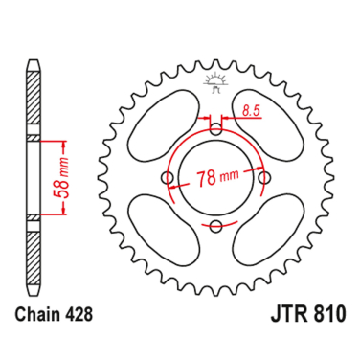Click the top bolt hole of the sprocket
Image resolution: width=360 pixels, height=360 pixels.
215,128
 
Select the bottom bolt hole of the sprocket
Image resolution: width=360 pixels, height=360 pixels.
215,227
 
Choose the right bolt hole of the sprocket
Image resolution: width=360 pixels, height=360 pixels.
265,178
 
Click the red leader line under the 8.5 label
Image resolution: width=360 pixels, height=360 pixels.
239,120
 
